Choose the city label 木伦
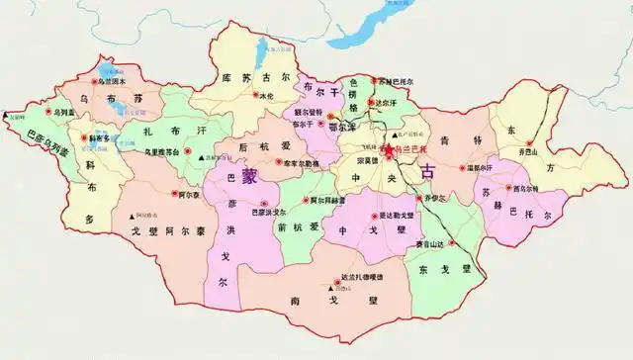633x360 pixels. click(x=265, y=96)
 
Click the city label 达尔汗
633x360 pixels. click(x=387, y=102)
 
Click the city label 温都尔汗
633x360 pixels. click(x=477, y=167)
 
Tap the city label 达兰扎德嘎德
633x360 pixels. click(x=341, y=278)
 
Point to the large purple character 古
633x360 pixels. click(x=426, y=171)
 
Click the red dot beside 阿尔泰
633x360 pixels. click(x=174, y=195)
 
